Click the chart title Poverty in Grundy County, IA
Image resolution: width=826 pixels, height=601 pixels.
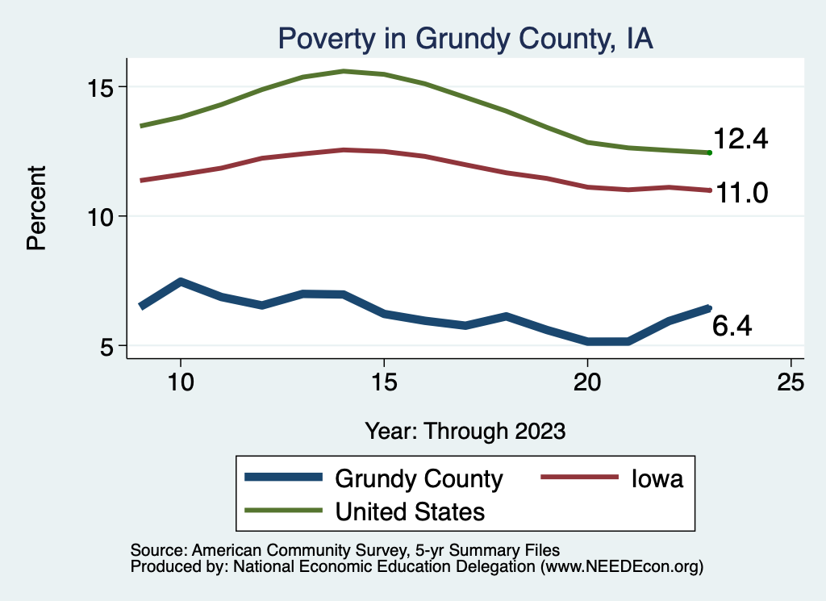click(464, 39)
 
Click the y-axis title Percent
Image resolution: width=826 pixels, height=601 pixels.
click(37, 207)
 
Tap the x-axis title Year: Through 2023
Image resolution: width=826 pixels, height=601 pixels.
click(465, 430)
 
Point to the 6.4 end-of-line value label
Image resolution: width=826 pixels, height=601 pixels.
click(732, 326)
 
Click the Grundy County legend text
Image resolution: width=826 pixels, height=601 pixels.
click(419, 479)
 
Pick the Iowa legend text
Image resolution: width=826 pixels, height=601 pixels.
click(657, 479)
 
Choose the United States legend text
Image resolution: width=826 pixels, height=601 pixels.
click(410, 511)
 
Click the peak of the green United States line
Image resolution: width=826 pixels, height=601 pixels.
click(344, 71)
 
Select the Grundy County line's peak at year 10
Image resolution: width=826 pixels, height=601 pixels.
click(181, 282)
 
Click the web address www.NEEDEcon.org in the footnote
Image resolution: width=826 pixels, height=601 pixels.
click(621, 567)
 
